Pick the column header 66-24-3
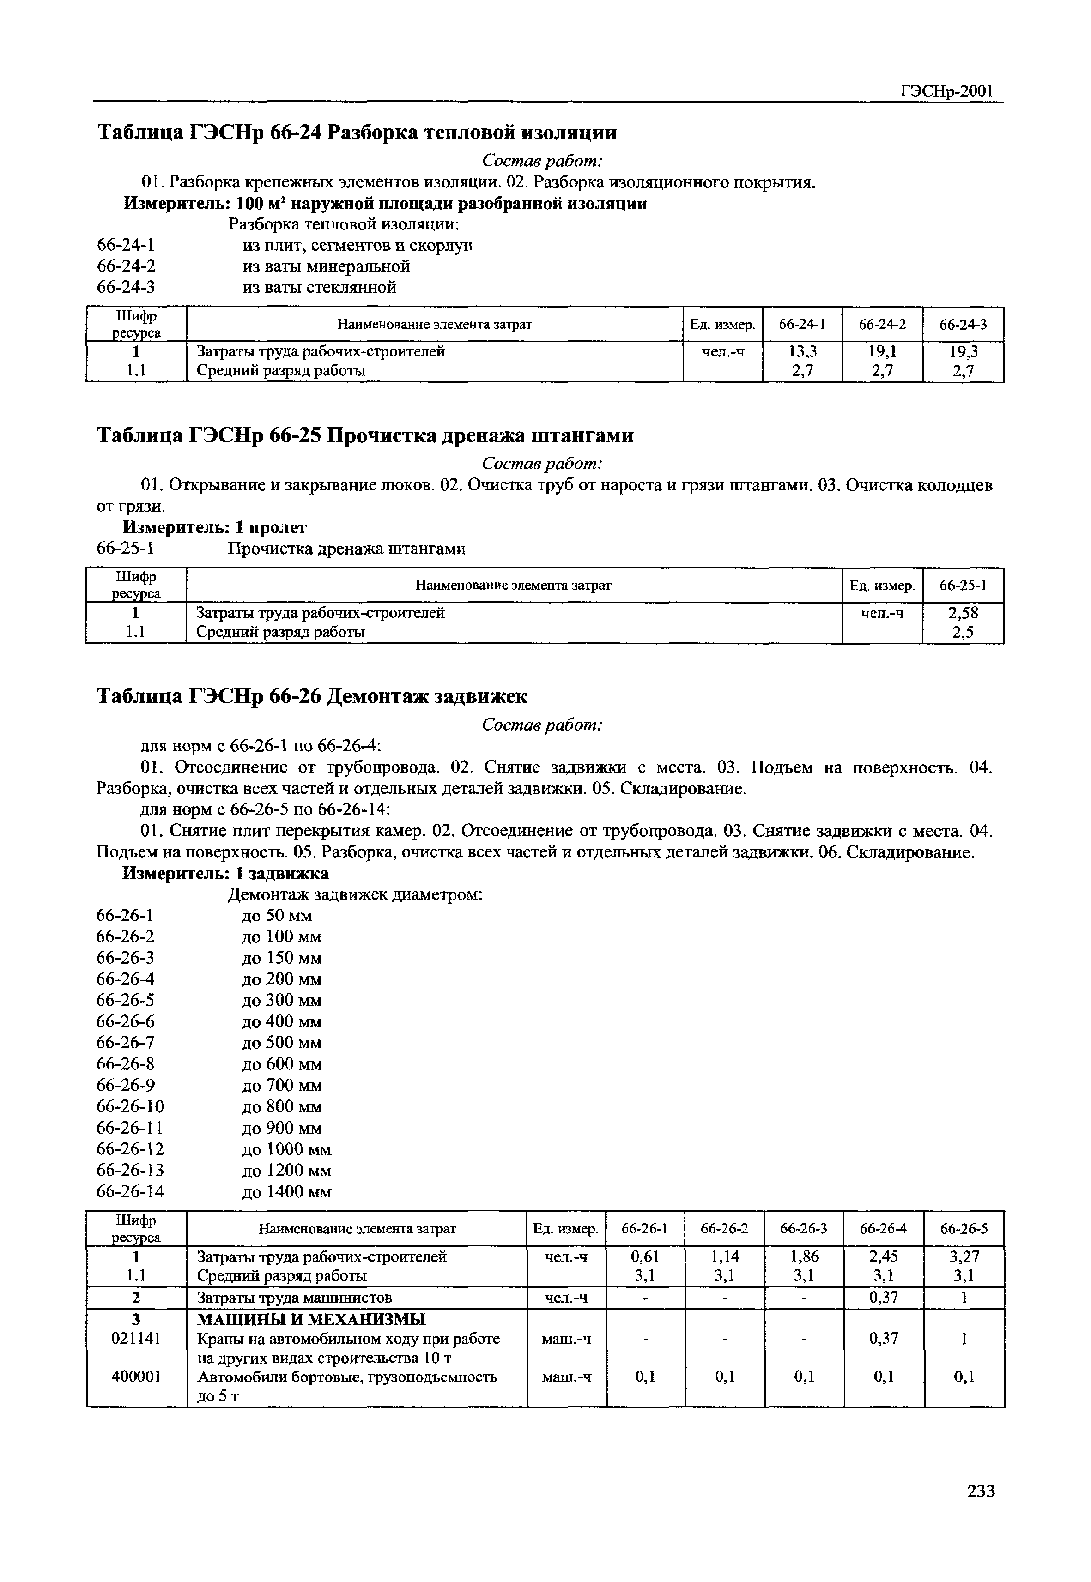coord(963,325)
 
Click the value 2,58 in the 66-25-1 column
coord(963,612)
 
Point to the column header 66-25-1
coord(963,585)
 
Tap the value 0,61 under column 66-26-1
coord(645,1256)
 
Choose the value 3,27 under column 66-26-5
coord(964,1256)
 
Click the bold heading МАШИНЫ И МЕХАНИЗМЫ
coord(310,1319)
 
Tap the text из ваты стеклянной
coord(319,287)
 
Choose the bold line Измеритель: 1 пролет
coord(215,527)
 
